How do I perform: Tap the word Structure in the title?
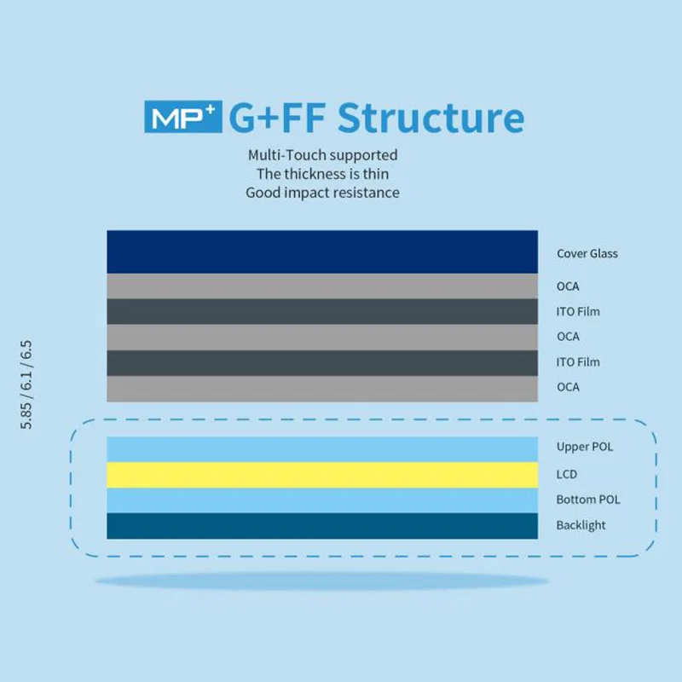431,118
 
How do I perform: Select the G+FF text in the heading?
278,118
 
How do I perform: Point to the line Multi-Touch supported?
322,155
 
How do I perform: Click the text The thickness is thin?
322,174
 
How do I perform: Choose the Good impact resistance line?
322,193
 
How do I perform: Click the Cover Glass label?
587,253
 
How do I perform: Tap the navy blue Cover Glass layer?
322,251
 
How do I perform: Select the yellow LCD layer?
322,475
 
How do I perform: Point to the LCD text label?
567,474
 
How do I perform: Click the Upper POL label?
585,447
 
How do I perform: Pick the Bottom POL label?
588,500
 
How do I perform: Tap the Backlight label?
581,525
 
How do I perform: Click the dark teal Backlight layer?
322,526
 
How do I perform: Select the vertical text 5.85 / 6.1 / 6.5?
26,384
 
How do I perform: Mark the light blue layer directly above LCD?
322,449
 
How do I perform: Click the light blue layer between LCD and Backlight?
322,500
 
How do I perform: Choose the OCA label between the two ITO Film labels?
568,337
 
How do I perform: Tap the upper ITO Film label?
578,311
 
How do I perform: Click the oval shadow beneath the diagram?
322,582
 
